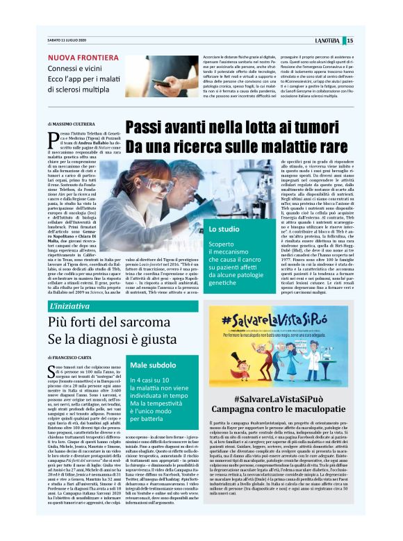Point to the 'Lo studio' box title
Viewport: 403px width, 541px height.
(225, 228)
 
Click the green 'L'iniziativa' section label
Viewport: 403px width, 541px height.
(71, 306)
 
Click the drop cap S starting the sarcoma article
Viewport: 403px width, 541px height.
(53, 369)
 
